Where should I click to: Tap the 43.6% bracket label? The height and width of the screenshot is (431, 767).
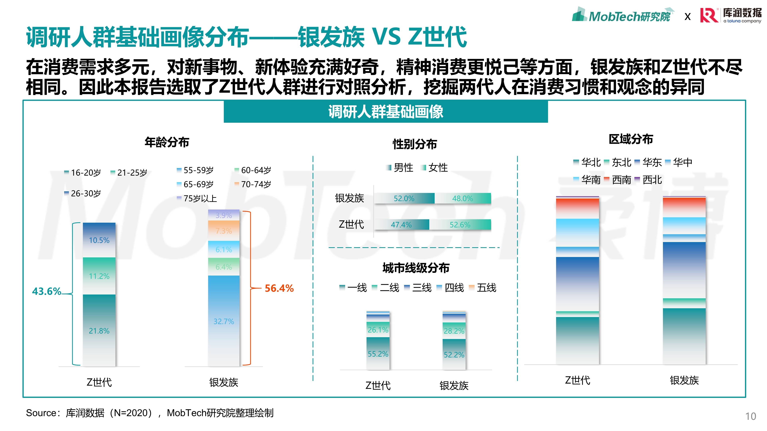pyautogui.click(x=47, y=291)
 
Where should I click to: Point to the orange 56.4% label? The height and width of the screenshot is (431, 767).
pyautogui.click(x=279, y=288)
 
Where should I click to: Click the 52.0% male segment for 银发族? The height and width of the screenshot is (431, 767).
pyautogui.click(x=404, y=198)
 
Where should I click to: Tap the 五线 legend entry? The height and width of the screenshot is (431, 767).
pyautogui.click(x=483, y=288)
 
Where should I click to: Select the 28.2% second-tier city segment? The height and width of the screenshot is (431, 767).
pyautogui.click(x=454, y=331)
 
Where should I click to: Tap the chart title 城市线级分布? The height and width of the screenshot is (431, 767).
pyautogui.click(x=416, y=268)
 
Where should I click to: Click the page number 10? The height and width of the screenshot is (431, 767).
pyautogui.click(x=750, y=416)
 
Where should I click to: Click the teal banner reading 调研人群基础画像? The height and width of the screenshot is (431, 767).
pyautogui.click(x=385, y=112)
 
